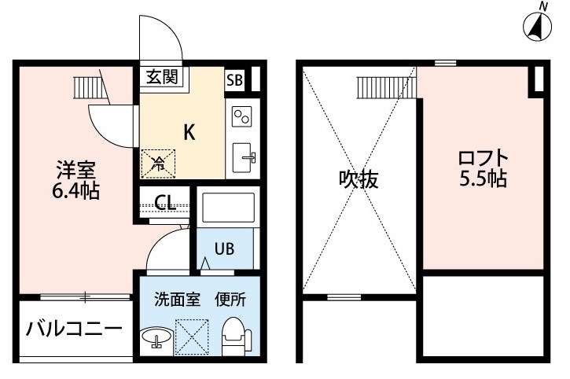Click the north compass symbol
click(x=537, y=26)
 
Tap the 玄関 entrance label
click(x=162, y=77)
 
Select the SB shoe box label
click(x=234, y=79)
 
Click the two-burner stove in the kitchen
click(x=242, y=116)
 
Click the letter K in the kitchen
click(x=189, y=132)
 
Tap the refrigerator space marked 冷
click(x=158, y=164)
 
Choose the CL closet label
click(x=165, y=202)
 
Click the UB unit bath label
click(x=224, y=248)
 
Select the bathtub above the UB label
click(x=228, y=208)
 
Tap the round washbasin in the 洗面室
click(x=157, y=337)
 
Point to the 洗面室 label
click(x=177, y=300)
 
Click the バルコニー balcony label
click(x=74, y=329)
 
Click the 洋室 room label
click(x=75, y=170)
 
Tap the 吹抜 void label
click(x=359, y=179)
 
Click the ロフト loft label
click(x=483, y=157)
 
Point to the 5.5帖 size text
click(x=483, y=178)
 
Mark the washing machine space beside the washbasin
click(x=192, y=337)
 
